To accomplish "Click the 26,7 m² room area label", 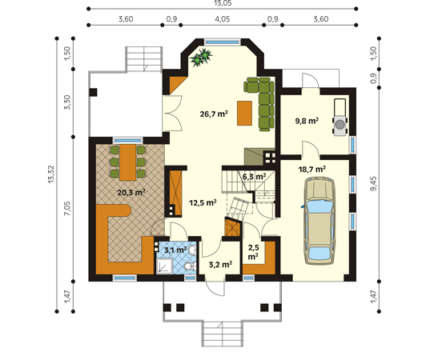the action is (214, 114).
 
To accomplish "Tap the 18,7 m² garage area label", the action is (311, 170).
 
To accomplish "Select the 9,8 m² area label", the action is (307, 121).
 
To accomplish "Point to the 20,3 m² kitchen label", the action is (131, 193).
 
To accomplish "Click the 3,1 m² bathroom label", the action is (175, 250).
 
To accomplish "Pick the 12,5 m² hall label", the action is (203, 202).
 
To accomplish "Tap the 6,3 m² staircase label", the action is (254, 177).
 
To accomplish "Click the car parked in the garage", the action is (319, 221).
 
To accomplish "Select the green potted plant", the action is (201, 58).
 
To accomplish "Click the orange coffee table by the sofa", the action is (244, 113).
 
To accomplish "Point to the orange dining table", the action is (128, 162).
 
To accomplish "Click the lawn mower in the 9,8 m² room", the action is (340, 118).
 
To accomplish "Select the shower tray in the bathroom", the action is (164, 266).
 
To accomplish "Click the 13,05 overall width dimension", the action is (223, 3).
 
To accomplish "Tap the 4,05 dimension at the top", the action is (223, 19).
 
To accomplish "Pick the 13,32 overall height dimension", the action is (51, 174).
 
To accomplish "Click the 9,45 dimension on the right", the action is (373, 183).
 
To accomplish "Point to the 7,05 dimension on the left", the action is (67, 208).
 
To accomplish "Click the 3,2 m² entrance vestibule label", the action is (220, 264).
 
